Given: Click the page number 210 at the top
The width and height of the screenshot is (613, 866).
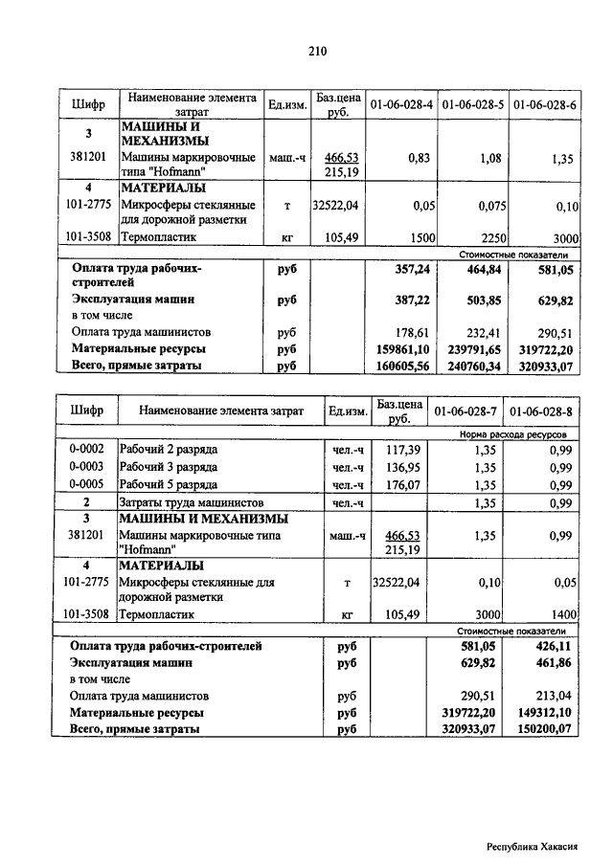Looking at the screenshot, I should (318, 52).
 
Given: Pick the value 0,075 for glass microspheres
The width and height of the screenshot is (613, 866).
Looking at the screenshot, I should (485, 206).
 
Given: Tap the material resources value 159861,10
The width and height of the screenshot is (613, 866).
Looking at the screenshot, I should (402, 349).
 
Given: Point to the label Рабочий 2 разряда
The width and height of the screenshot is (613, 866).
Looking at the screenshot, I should (169, 450).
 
